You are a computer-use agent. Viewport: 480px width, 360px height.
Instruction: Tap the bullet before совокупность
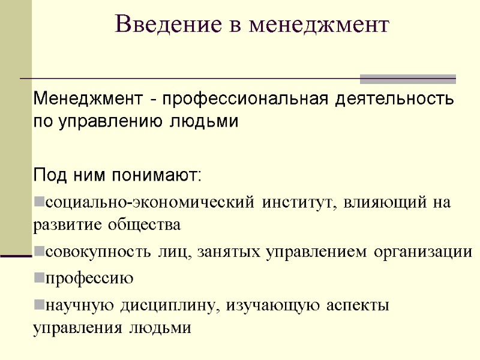pos(38,252)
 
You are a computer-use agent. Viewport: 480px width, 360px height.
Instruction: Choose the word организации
pos(422,252)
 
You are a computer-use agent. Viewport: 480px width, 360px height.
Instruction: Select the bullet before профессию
pos(38,278)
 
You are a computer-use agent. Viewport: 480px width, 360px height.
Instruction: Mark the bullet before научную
pos(38,304)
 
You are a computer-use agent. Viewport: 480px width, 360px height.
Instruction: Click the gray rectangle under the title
pos(407,79)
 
